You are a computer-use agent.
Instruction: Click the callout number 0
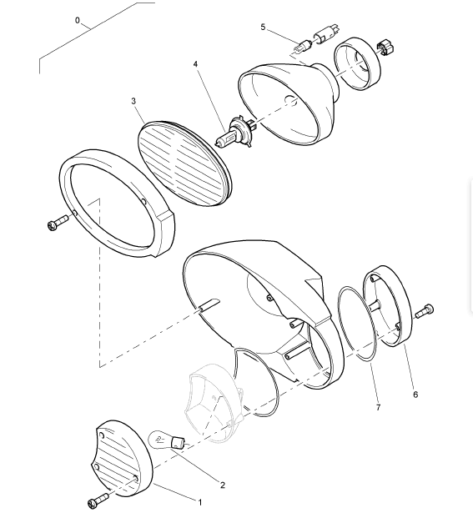coord(78,20)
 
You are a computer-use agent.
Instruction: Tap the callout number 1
coord(200,501)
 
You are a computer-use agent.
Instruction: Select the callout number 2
coord(223,485)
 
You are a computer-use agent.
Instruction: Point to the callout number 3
coord(133,101)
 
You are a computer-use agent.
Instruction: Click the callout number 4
coord(195,63)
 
